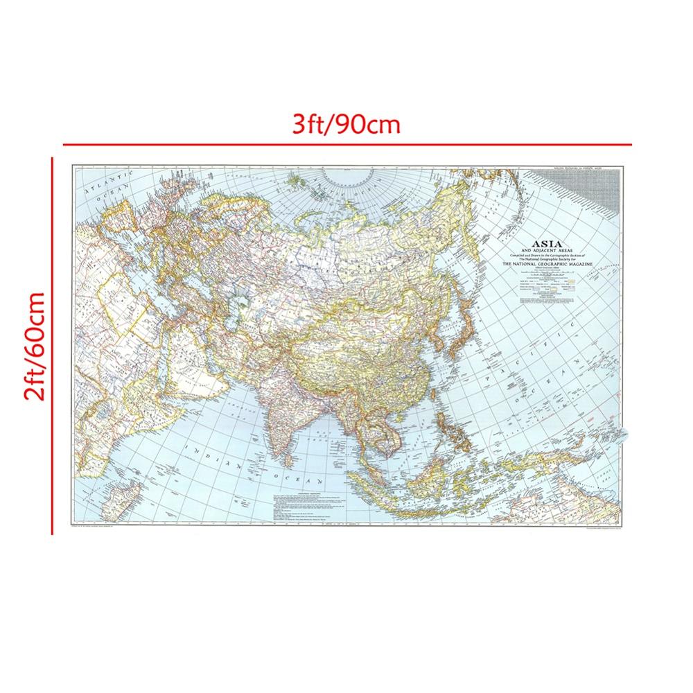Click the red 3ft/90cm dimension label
(346, 125)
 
